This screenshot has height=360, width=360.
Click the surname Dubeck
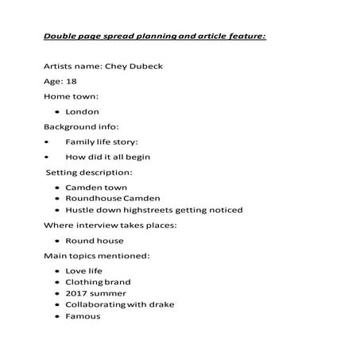(x=145, y=66)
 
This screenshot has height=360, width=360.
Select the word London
(x=82, y=111)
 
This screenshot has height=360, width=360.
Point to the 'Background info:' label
(x=80, y=126)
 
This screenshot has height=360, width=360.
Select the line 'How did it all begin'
(x=107, y=157)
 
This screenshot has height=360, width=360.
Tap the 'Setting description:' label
(x=89, y=172)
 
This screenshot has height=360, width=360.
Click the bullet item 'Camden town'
(x=95, y=188)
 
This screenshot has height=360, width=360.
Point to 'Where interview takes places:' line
(x=110, y=225)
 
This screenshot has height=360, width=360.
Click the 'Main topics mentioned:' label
(x=96, y=256)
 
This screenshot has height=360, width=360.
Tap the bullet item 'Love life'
(x=83, y=271)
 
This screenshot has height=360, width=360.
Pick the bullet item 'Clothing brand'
(x=98, y=282)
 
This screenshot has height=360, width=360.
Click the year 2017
(x=77, y=293)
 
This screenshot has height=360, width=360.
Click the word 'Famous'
(x=83, y=316)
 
